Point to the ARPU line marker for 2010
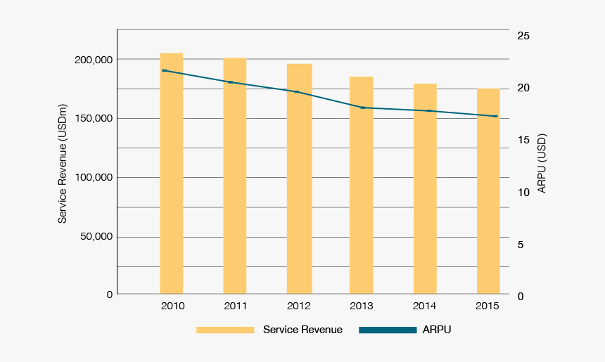pos(164,70)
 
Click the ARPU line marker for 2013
pos(363,108)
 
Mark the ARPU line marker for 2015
pos(495,116)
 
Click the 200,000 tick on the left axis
pos(94,60)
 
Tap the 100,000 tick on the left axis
pos(94,177)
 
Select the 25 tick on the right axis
pos(523,36)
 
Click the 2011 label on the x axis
pos(236,306)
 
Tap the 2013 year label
pos(362,306)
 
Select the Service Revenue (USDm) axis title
pos(63,164)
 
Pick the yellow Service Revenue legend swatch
pos(224,330)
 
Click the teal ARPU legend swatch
pos(388,330)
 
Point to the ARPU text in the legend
pos(437,330)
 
